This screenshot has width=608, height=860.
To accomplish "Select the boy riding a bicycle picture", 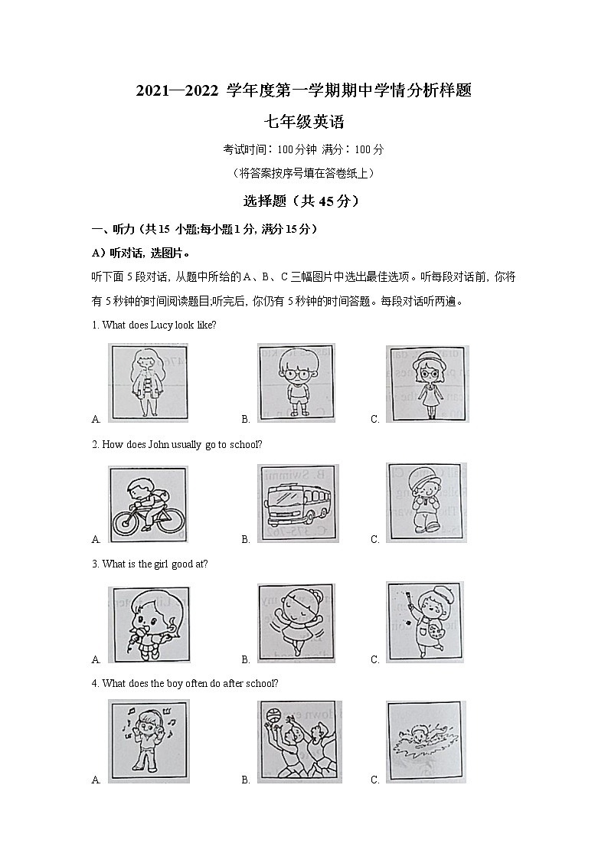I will point(148,505).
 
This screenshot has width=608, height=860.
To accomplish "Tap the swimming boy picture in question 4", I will point(426,741).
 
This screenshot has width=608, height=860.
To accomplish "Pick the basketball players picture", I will point(299,742).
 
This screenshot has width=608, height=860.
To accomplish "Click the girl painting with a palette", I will point(425,620).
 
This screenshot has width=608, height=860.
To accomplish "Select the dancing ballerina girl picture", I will point(298,622).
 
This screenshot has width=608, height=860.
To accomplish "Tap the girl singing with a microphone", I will point(148,623).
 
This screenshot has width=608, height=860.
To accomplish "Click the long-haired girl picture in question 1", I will point(148,382).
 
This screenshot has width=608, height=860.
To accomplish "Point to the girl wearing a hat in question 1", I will point(427,382).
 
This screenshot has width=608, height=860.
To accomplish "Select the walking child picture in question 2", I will point(426,502).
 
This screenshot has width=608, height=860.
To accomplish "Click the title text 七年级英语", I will point(304,122).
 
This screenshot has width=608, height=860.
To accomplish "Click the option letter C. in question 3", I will point(375,659).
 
